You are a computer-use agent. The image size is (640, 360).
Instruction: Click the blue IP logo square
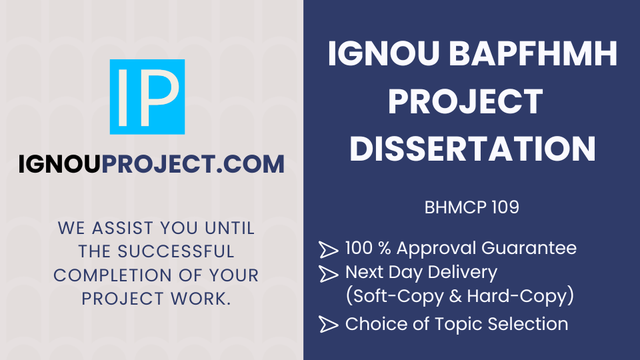[147, 97]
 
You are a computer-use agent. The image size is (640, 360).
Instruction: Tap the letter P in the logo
[160, 97]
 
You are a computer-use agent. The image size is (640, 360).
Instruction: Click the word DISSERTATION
[472, 149]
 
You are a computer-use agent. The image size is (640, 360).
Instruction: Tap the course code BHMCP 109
[471, 207]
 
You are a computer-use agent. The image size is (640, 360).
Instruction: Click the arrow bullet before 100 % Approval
[328, 249]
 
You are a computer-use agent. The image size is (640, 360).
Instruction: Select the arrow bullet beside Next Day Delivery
[328, 273]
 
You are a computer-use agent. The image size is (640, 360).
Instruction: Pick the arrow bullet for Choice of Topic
[328, 325]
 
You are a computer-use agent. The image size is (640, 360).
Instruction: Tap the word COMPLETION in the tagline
[107, 275]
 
